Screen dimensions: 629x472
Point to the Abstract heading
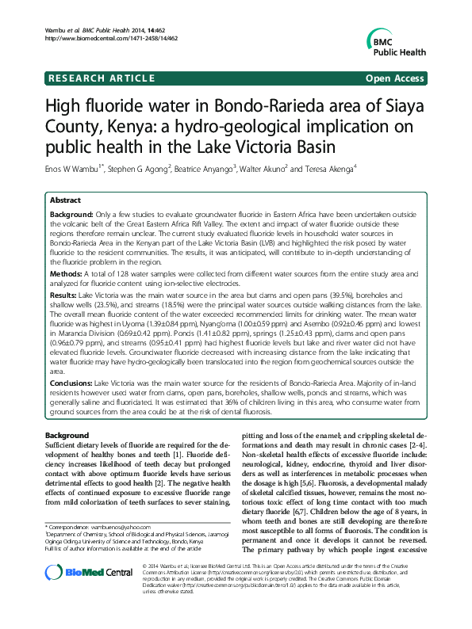66,201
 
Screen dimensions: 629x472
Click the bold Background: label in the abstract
71,216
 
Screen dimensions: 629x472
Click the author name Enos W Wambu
76,168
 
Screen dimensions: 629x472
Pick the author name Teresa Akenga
328,168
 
